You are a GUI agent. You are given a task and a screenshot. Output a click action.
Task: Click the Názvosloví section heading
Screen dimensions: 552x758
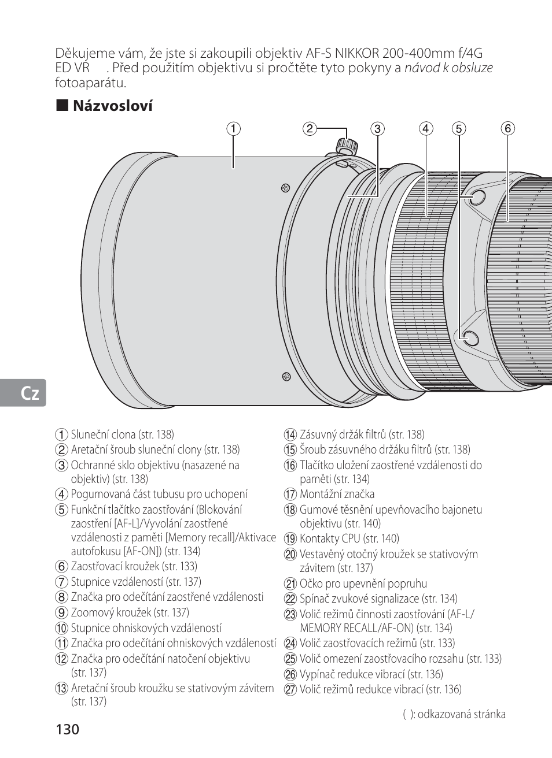coord(112,106)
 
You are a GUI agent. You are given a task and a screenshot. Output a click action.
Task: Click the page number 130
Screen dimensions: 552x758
coord(68,729)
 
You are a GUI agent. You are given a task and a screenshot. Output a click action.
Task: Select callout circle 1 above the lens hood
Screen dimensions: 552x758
coord(233,129)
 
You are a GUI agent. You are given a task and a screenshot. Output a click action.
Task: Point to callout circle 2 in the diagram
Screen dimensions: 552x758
coord(310,129)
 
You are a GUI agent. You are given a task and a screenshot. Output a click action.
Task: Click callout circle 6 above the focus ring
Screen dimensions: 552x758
coord(507,129)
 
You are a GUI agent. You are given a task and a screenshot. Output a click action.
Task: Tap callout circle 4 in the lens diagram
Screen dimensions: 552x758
coord(426,129)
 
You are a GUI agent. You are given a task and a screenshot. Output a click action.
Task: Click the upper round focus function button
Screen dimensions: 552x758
coord(477,198)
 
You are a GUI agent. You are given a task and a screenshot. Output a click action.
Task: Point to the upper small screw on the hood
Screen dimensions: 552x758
coord(285,187)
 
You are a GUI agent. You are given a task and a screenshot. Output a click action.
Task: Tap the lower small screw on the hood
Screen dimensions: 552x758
coord(286,377)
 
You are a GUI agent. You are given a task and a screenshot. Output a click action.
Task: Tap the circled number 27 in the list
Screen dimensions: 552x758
coord(290,689)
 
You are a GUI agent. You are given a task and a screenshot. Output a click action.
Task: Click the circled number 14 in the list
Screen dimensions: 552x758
coord(290,434)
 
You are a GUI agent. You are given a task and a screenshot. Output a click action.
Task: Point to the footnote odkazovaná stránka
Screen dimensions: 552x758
coord(461,714)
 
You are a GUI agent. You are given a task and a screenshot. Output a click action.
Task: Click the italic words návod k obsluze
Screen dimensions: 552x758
coord(448,68)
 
